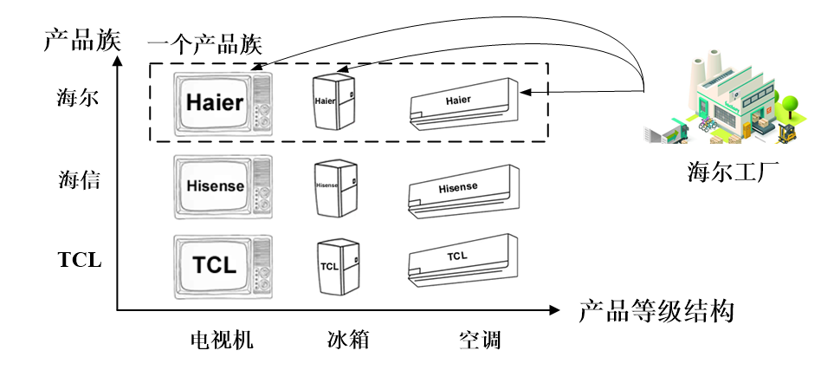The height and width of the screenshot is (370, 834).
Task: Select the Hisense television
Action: pos(223,185)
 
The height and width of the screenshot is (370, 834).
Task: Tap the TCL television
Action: pos(223,263)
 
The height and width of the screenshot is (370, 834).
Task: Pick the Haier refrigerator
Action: pos(333,101)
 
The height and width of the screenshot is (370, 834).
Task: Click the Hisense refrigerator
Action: pos(333,186)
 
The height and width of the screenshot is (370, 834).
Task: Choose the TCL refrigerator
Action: pos(336,264)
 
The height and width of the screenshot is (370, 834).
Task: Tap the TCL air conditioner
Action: pos(463,259)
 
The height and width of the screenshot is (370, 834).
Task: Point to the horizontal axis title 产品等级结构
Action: pos(656,310)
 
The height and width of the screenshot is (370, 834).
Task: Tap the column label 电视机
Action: pos(222,340)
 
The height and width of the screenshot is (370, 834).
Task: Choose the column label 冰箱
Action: pos(342,340)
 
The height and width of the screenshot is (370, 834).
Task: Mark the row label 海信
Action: pos(80,181)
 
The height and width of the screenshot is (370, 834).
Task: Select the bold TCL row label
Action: pos(80,259)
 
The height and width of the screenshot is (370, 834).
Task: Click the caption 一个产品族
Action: pos(204,44)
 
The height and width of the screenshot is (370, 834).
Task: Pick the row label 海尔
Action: pos(80,98)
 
